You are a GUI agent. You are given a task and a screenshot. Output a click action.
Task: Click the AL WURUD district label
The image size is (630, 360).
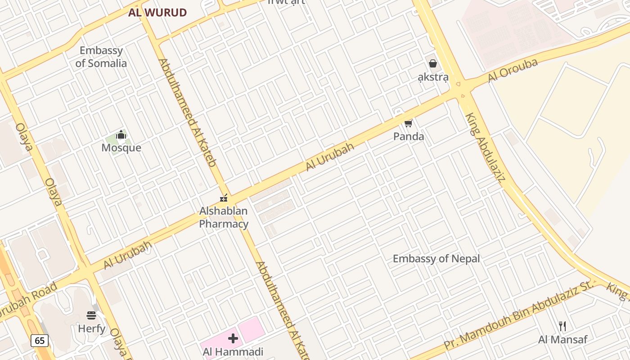coord(157,13)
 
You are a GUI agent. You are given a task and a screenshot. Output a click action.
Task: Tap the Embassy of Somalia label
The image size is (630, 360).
coord(101,57)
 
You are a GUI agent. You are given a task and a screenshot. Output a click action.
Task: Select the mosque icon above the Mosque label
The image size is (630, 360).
coord(121,135)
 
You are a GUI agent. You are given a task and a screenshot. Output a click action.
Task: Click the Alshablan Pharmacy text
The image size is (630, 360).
coord(224,217)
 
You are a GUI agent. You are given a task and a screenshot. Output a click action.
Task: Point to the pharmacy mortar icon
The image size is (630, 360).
coord(224,198)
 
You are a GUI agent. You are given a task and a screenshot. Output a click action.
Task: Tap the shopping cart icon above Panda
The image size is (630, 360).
coord(409,122)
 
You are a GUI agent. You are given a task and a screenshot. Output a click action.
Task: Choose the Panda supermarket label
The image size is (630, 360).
coord(409,136)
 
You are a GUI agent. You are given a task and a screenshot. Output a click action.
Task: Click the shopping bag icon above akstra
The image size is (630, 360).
coord(433,63)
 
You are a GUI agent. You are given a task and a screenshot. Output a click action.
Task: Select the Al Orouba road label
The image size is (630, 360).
coord(513,70)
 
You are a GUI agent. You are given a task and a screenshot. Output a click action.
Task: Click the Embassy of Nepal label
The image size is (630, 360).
coord(436,259)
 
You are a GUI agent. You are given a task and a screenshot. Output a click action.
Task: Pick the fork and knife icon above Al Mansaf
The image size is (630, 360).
coord(562,326)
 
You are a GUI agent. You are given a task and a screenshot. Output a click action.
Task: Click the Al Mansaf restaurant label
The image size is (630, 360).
coord(562,339)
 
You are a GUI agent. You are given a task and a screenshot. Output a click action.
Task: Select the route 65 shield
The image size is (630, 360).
coord(40,341)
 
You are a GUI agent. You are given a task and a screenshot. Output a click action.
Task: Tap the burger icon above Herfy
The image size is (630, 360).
coord(91,315)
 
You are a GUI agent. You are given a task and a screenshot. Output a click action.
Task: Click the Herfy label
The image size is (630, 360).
coord(92,328)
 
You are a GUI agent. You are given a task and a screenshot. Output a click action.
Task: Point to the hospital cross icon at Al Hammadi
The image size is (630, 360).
coord(233,338)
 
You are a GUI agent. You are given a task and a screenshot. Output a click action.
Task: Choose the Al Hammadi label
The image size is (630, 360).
coord(233,351)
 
